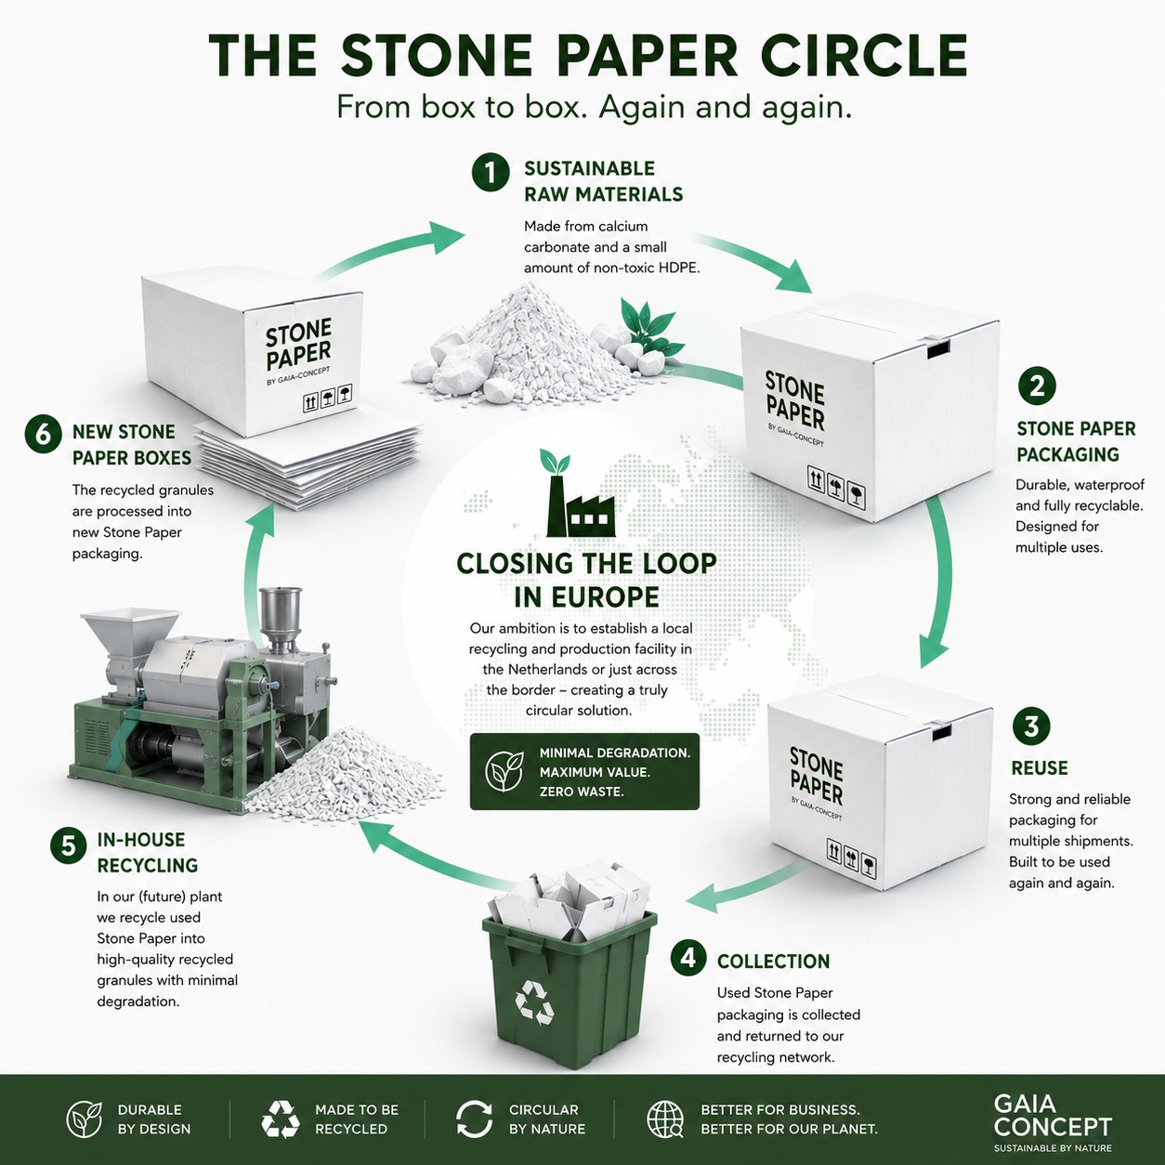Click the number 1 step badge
tap(491, 174)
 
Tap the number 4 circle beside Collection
tap(687, 959)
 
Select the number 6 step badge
tap(44, 436)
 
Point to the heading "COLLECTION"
tap(773, 962)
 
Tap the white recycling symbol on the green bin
tap(534, 1002)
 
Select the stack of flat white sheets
tap(308, 463)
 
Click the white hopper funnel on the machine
tap(131, 635)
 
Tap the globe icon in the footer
tap(664, 1119)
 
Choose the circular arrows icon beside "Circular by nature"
tap(474, 1119)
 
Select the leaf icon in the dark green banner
tap(504, 771)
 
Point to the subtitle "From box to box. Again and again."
tap(594, 108)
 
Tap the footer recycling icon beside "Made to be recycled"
tap(280, 1119)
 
